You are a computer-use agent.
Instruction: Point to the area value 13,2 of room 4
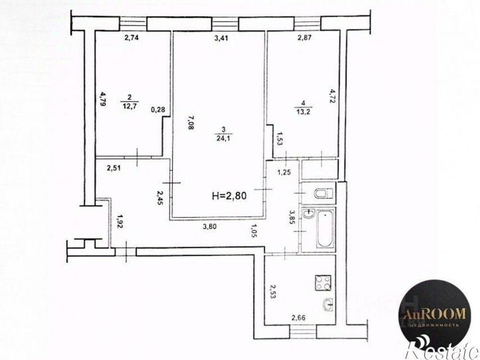coord(303,111)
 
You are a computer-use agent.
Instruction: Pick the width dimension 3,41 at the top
coord(221,38)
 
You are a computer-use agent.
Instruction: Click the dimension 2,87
coord(305,38)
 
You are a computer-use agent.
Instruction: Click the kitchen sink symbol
coord(326,305)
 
